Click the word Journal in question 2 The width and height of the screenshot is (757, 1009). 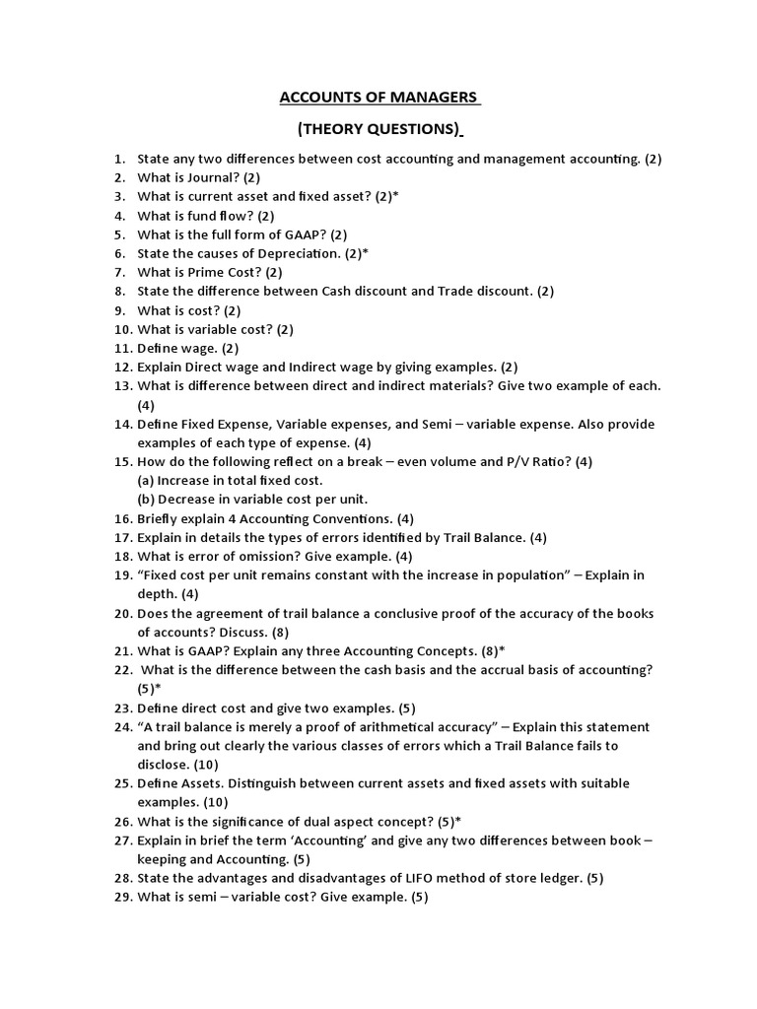coord(205,177)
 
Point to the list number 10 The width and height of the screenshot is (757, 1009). coord(122,329)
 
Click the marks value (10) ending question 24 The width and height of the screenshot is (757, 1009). coord(199,765)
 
